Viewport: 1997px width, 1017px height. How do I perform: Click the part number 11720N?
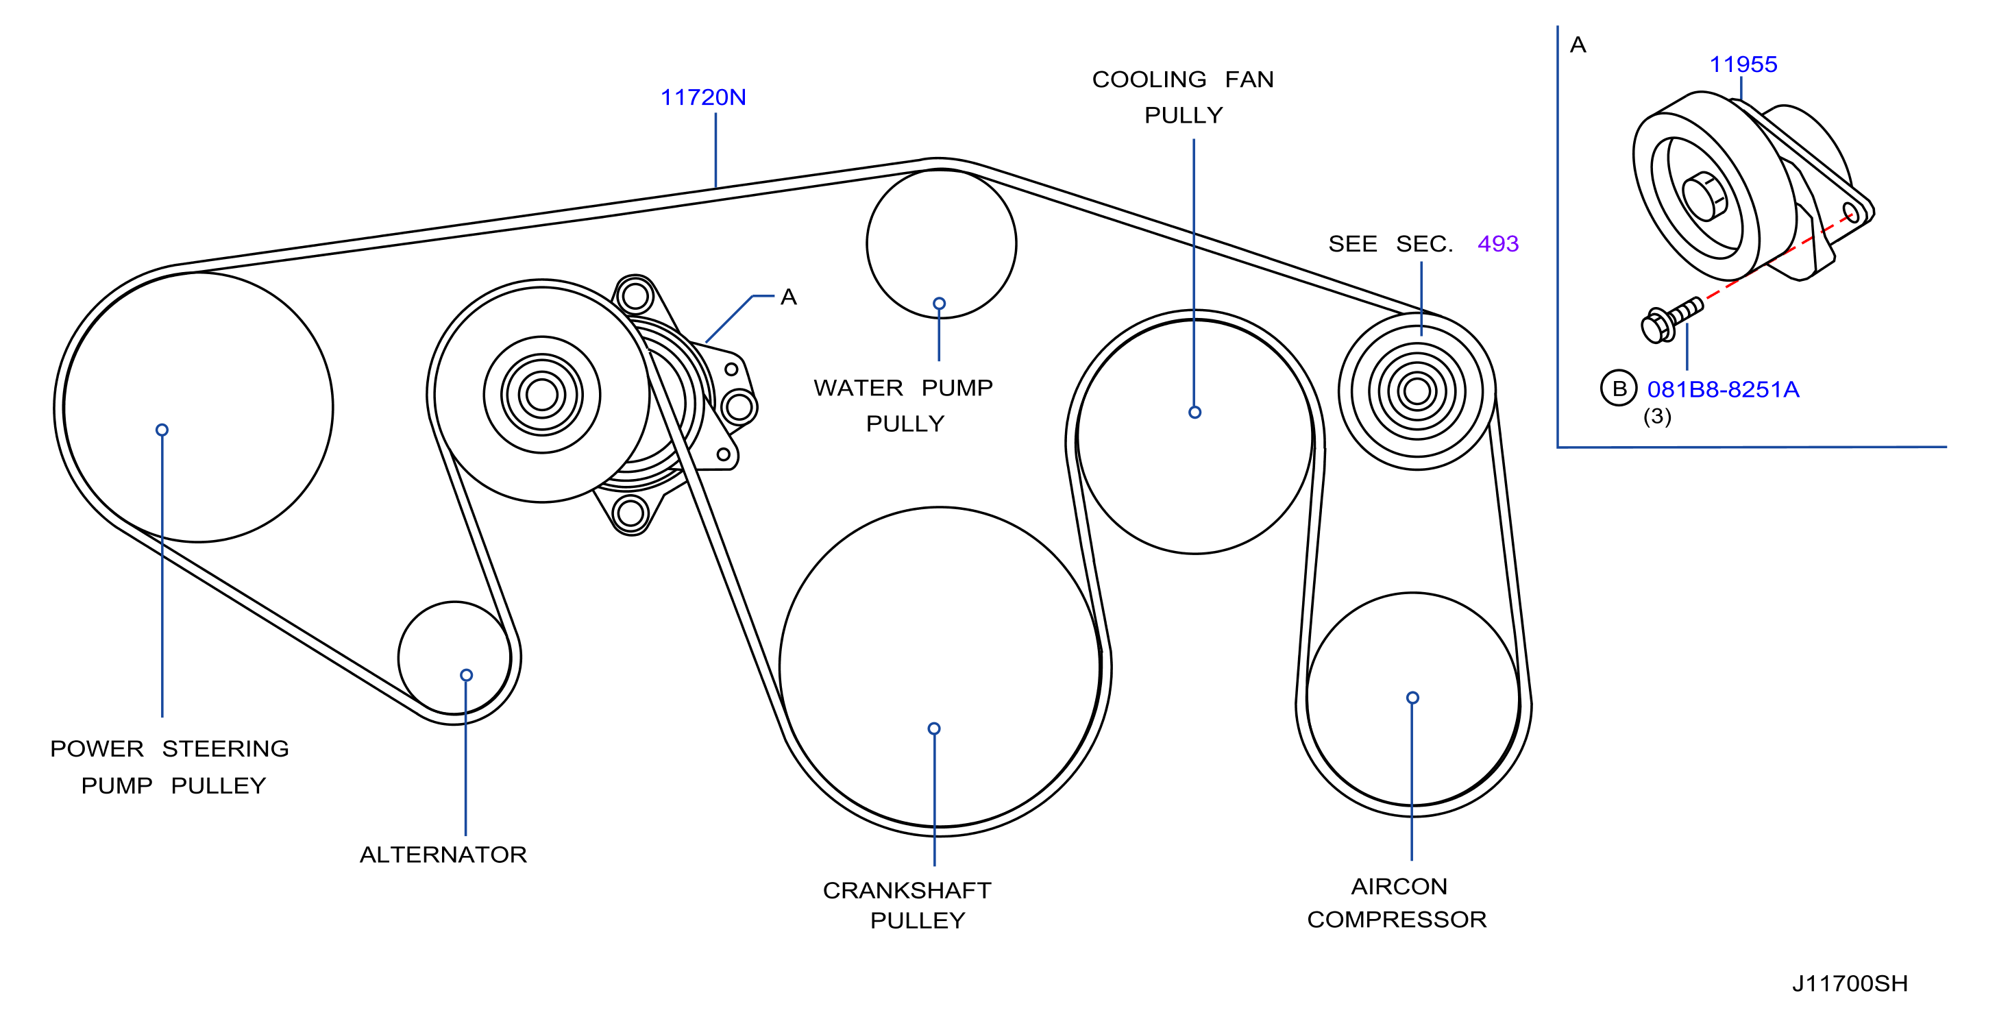tap(702, 98)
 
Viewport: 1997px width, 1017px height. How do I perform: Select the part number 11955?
tap(1743, 64)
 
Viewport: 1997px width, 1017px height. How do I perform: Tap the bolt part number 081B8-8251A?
tap(1723, 389)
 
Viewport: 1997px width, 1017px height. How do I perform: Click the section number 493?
tap(1498, 243)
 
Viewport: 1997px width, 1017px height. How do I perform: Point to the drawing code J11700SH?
tap(1850, 983)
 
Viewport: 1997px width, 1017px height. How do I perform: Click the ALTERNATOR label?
tap(443, 854)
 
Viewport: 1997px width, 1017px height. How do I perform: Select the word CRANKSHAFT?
tap(907, 890)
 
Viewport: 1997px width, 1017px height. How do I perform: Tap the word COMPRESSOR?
tap(1397, 919)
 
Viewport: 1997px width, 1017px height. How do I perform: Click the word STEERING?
tap(225, 749)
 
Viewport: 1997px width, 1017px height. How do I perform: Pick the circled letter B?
tap(1619, 389)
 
